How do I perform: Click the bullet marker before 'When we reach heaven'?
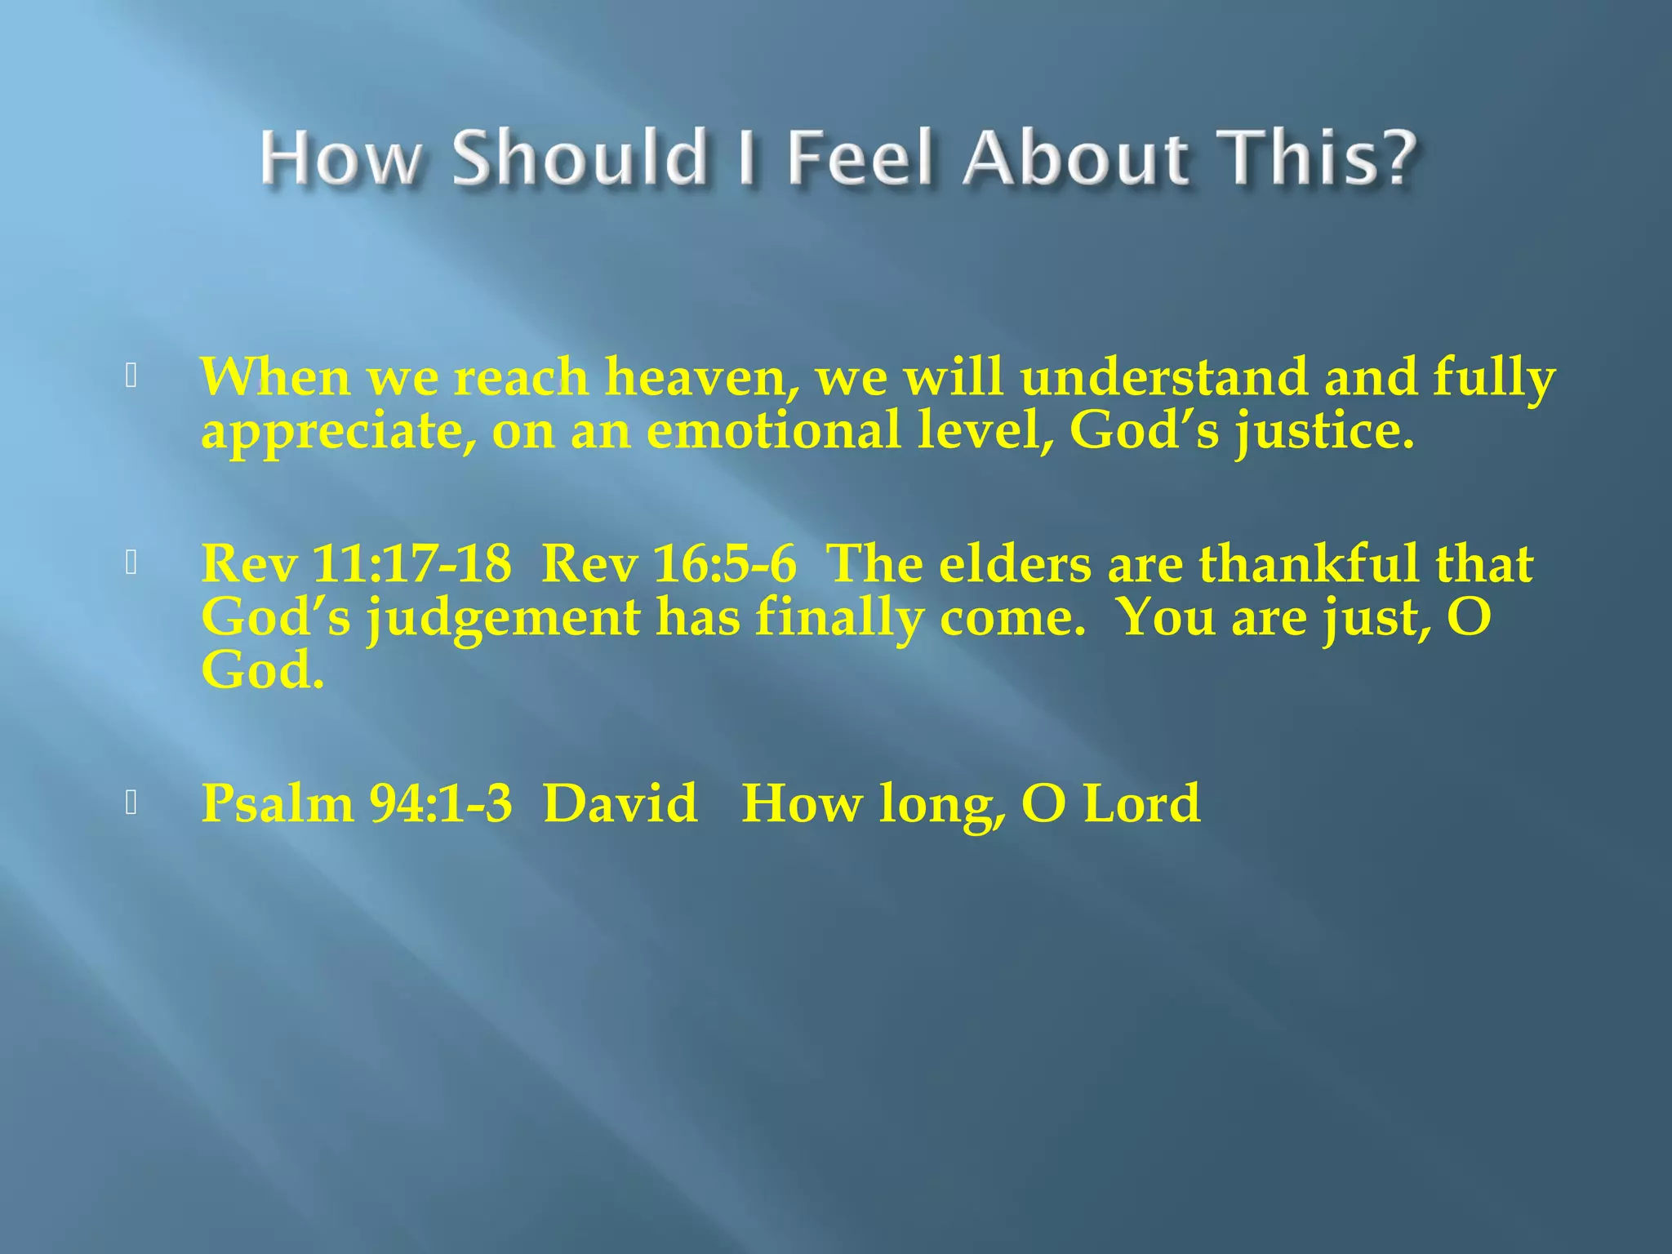(x=131, y=376)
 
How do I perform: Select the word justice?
(x=1323, y=432)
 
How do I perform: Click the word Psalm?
(x=278, y=803)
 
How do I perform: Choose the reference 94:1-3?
(x=441, y=803)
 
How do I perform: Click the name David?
(x=620, y=803)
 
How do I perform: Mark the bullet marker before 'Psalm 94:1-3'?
(x=131, y=803)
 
